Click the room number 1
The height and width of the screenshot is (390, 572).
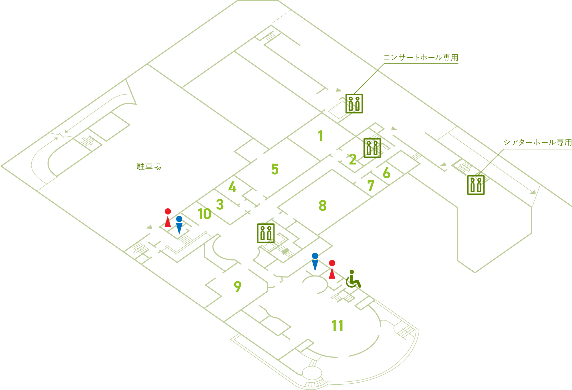320,136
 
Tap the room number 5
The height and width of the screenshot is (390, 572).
275,169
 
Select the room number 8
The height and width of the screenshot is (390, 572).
323,205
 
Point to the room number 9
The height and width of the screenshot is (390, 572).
237,286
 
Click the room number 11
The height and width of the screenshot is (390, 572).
337,326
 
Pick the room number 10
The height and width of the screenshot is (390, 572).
205,214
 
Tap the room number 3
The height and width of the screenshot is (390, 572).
220,204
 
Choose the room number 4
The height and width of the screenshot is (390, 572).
232,187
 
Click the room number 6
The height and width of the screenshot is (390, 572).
387,173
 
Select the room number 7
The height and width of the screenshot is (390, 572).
371,185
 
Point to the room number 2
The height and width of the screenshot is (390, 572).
353,159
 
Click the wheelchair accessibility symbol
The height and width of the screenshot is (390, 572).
353,279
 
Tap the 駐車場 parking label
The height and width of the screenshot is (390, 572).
149,166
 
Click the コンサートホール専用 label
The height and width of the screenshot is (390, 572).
421,58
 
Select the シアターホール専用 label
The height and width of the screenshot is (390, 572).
537,142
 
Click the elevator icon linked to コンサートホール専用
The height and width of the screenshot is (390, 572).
354,104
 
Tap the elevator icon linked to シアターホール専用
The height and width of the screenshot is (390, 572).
476,185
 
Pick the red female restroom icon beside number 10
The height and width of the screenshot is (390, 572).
168,218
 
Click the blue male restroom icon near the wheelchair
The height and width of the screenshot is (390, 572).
315,262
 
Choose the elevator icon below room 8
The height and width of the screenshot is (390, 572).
266,233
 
